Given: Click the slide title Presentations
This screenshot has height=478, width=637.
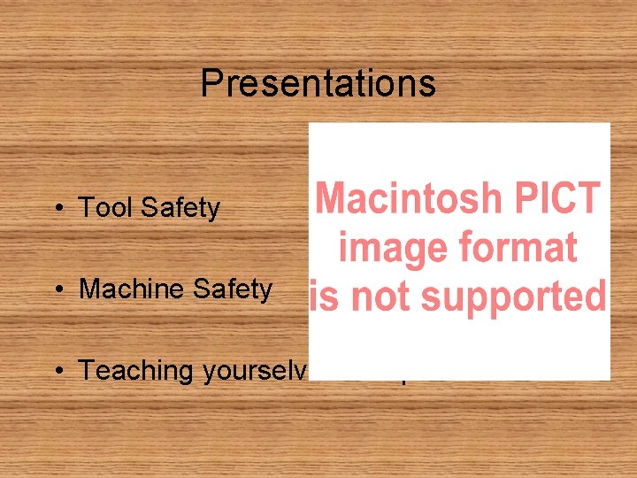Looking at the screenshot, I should click(x=318, y=84).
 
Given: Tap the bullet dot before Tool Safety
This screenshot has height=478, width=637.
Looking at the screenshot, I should click(x=57, y=209).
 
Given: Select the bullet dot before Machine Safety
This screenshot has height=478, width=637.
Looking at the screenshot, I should click(x=57, y=289).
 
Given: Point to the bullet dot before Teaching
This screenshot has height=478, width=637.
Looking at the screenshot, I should click(x=57, y=371).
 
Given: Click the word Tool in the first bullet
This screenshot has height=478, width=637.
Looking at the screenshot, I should click(x=106, y=208).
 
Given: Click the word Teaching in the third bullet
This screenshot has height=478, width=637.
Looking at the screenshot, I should click(x=137, y=371).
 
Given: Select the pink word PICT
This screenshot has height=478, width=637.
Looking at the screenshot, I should click(x=562, y=198).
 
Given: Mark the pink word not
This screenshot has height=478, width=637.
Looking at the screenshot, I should click(x=378, y=297).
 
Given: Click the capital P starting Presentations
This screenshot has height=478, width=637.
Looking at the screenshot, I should click(x=210, y=84).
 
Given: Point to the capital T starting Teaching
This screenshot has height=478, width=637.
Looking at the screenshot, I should click(x=87, y=370).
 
